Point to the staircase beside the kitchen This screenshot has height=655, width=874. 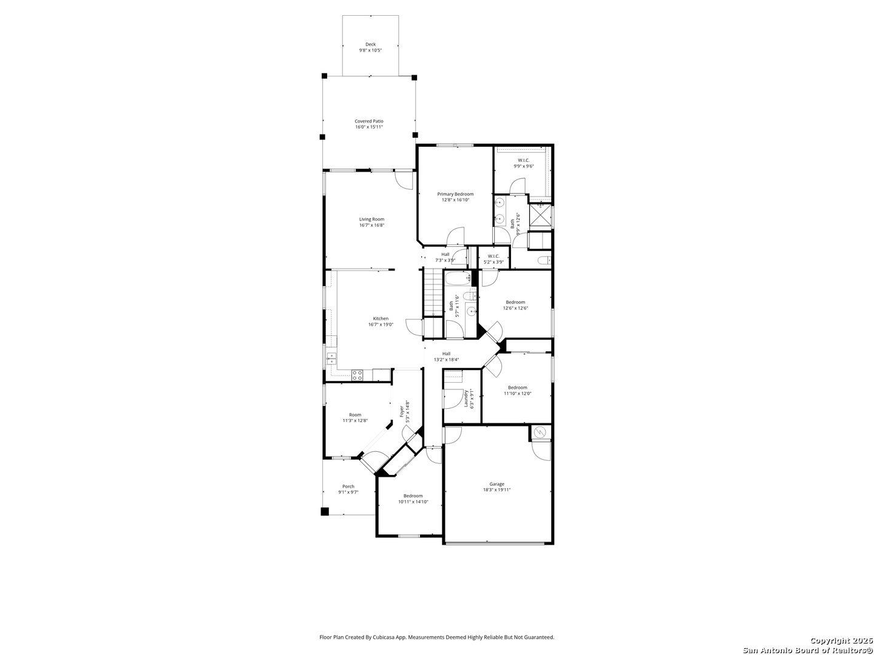(x=432, y=292)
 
